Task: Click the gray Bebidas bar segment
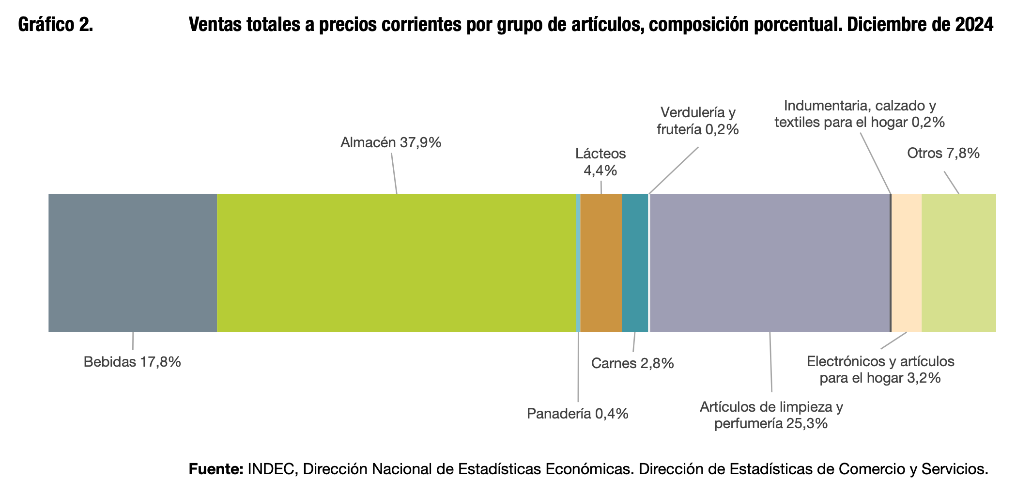[x=133, y=263]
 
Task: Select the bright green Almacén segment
[x=397, y=263]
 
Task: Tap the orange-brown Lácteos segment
[x=601, y=263]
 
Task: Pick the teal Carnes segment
[x=635, y=263]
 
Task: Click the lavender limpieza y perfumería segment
[x=770, y=263]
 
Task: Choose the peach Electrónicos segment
[x=907, y=263]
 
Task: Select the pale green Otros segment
[x=959, y=263]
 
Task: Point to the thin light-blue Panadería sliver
[x=579, y=263]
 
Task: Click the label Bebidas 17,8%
[x=132, y=362]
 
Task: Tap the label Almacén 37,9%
[x=391, y=142]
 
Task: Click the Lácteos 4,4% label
[x=600, y=162]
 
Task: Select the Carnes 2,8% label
[x=632, y=363]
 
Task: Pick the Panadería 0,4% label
[x=577, y=414]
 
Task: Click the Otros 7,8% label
[x=943, y=153]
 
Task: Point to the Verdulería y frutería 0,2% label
[x=698, y=121]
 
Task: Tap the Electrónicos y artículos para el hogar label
[x=880, y=370]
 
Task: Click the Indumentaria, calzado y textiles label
[x=860, y=114]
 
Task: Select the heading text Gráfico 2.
[x=56, y=25]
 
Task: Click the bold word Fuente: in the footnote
[x=216, y=469]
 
